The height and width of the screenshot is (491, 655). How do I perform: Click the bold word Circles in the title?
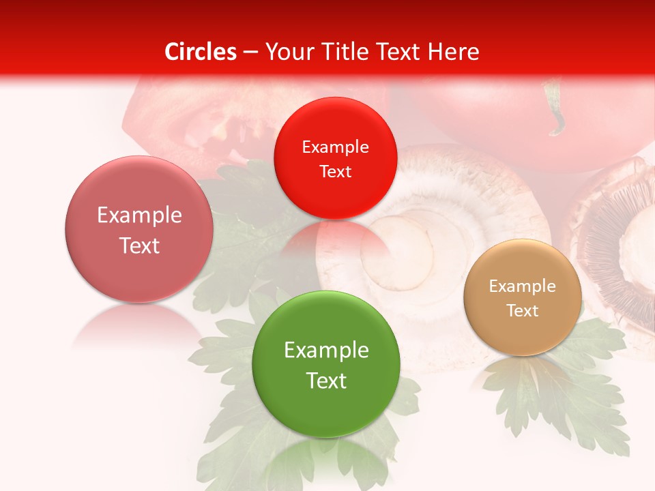201,52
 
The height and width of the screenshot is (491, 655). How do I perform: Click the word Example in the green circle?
326,351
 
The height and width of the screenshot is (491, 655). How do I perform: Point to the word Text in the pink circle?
139,245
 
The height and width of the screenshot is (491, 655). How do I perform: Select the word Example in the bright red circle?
335,147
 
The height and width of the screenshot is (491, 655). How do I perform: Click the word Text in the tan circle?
523,311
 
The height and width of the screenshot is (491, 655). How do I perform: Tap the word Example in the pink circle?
139,215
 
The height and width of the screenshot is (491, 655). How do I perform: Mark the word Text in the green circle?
326,381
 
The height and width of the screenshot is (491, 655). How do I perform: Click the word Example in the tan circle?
523,286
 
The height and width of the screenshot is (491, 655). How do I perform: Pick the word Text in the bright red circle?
335,171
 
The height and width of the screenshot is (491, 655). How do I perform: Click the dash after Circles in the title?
250,52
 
